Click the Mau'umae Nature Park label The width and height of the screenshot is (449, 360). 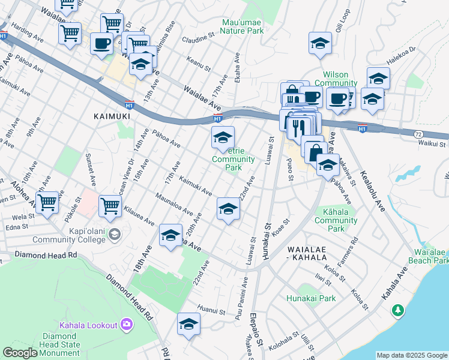tap(242, 26)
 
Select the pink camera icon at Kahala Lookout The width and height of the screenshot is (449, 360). tap(127, 325)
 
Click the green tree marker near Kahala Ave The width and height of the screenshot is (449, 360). tap(397, 310)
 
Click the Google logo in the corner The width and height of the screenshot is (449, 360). tap(20, 353)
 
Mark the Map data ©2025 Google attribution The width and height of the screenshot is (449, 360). tap(412, 355)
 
